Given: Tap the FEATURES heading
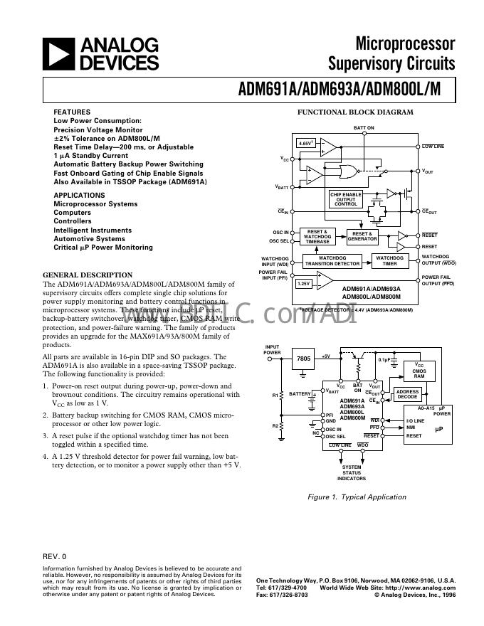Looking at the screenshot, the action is point(72,112).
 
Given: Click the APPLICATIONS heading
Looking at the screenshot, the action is point(79,195).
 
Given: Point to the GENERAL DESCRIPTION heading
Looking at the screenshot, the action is point(88,275).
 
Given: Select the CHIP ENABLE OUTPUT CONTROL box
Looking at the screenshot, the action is point(346,199).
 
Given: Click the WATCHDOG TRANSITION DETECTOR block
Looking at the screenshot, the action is point(332,260).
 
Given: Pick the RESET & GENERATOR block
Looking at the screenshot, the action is point(362,236).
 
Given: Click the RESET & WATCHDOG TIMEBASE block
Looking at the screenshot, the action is point(317,236).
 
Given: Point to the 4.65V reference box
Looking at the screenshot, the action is point(305,144).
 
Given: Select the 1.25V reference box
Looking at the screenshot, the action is point(303,283).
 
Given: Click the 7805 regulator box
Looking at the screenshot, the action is point(303,359).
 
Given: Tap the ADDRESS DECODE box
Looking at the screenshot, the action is point(407,394).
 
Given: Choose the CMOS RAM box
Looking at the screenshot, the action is point(419,371).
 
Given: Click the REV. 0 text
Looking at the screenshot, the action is point(54,556).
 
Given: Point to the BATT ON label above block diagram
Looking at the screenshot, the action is point(364,128).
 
